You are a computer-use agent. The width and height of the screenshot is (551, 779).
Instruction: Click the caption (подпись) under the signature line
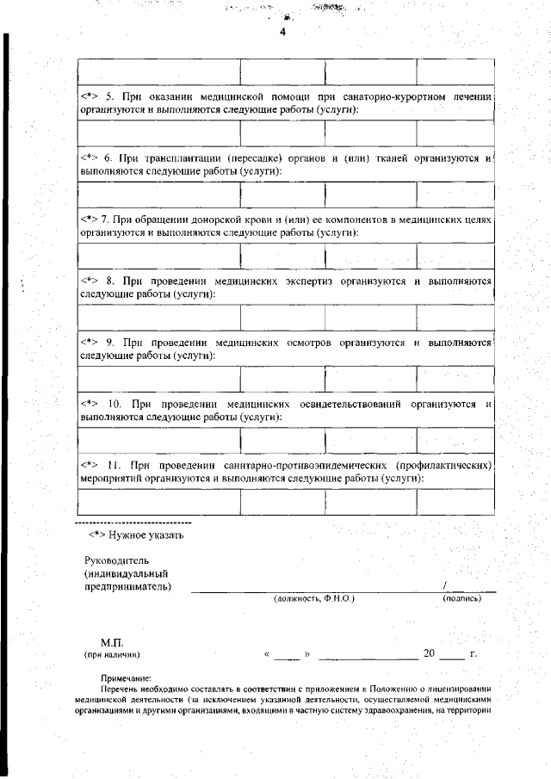(461, 597)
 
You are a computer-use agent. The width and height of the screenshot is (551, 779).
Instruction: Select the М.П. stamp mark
(113, 642)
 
